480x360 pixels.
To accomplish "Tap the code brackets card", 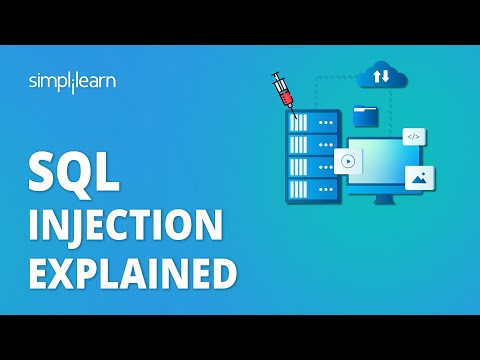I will click(414, 137).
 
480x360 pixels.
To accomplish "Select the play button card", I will click(348, 160).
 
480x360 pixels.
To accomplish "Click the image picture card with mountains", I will click(420, 177).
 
